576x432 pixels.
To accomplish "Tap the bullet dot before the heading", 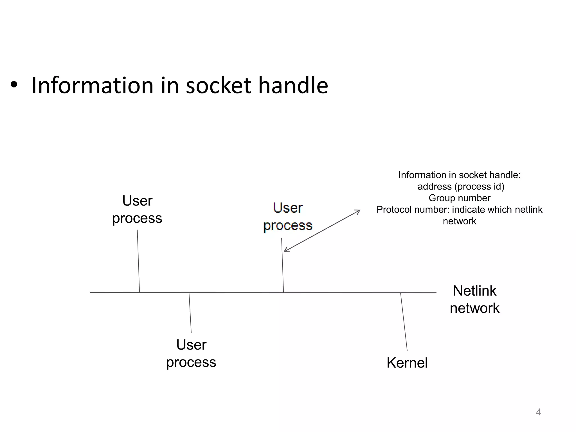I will coord(14,85).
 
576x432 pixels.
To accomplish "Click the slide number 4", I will coord(538,412).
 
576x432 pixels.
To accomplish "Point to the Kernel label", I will coord(407,363).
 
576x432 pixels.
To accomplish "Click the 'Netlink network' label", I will coord(474,299).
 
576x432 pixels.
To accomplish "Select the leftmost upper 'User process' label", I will coord(137,210).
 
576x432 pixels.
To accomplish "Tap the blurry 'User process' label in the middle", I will coord(288,217).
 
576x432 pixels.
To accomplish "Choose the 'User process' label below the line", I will coord(191,353).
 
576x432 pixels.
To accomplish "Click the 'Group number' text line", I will coord(459,198).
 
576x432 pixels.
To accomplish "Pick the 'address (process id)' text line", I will coord(461,186).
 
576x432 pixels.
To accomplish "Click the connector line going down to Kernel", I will coord(404,322).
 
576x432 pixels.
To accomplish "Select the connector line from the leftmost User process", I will coord(138,262).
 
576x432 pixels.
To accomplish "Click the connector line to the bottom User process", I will coord(190,313).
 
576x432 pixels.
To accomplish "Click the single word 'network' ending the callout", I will coord(459,221).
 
